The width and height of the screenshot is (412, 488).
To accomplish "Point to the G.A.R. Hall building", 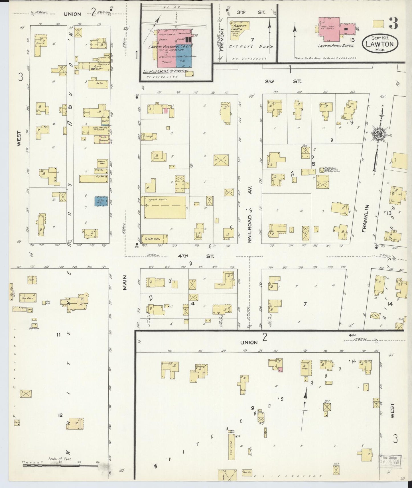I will tap(154, 239).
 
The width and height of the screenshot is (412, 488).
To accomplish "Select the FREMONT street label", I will tap(222, 43).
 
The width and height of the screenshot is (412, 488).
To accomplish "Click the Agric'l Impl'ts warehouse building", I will tap(163, 207).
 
